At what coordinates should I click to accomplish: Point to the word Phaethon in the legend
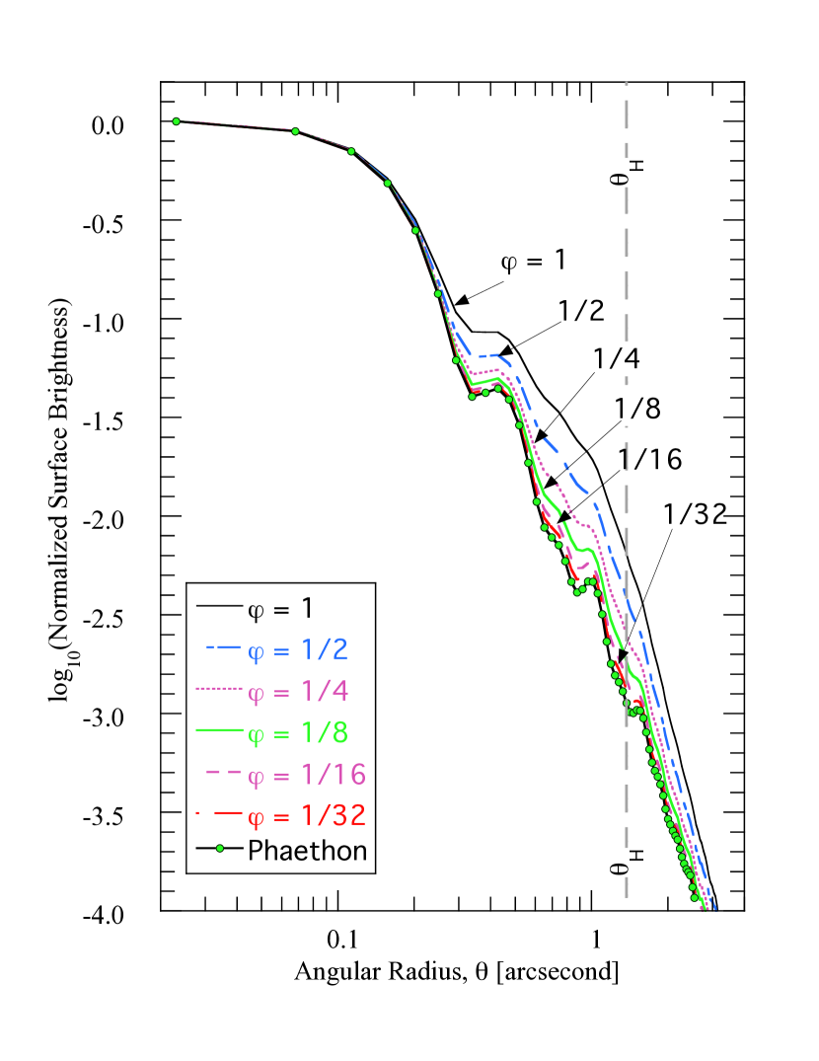tap(307, 850)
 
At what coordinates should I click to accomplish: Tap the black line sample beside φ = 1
tap(219, 604)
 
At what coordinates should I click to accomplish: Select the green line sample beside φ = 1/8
tap(219, 730)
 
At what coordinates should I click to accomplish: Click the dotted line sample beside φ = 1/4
tap(219, 689)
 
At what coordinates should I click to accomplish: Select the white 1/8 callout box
tap(637, 408)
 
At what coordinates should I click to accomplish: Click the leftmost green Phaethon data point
tap(177, 121)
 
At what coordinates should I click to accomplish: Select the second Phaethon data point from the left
tap(295, 131)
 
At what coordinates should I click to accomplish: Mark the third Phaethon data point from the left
tap(351, 151)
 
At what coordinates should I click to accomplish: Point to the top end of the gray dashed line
tap(627, 85)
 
